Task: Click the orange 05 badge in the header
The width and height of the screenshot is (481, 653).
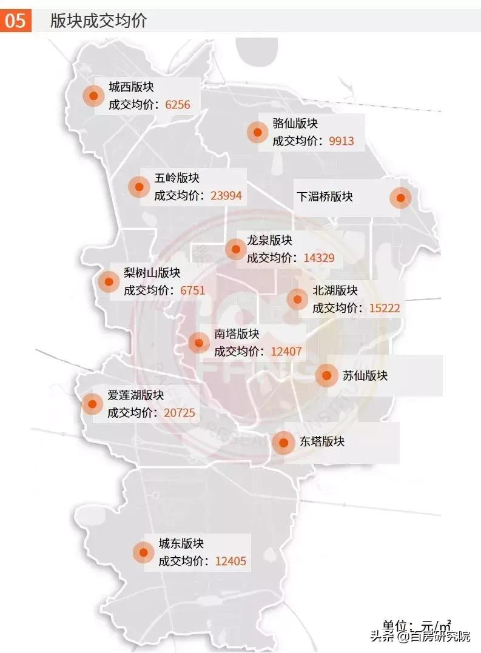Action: coord(16,21)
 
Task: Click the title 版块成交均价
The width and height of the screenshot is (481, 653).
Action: coord(98,21)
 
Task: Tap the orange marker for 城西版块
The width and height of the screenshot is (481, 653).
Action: coord(93,96)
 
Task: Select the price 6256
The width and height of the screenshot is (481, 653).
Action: coord(178,105)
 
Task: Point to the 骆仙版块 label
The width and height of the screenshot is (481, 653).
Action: coord(295,124)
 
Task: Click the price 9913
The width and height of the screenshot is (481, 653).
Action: coord(341,141)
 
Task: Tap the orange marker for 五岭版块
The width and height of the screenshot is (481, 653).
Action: coord(139,187)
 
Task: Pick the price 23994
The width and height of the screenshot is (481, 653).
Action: coord(226,195)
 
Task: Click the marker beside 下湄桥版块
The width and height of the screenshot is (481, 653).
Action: coord(400,197)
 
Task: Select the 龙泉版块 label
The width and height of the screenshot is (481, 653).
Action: coord(269,240)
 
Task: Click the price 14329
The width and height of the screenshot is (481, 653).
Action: coord(319,258)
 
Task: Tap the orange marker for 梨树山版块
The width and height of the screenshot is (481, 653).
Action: coord(109,281)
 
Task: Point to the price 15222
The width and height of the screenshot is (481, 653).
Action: coord(385,308)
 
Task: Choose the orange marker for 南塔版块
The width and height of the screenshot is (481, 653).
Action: coord(199,343)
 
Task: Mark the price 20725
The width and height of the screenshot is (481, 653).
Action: coord(180,413)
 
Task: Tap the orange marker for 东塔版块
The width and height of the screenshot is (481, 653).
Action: coord(283,443)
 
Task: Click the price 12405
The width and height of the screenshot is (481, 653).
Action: coord(230,561)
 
